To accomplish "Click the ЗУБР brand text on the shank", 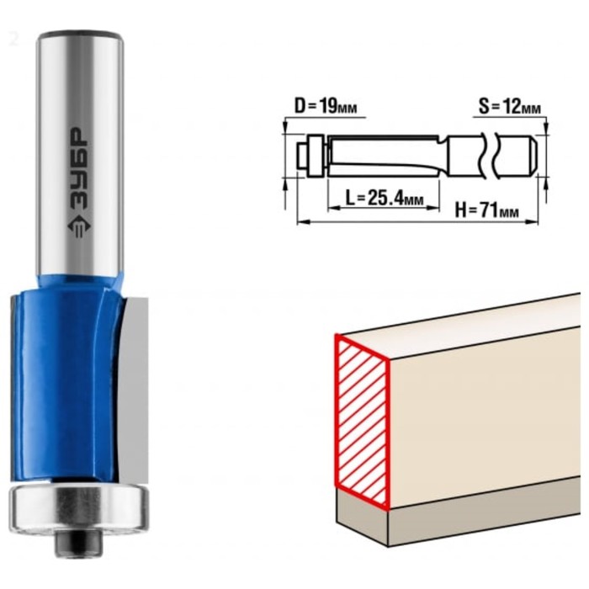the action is pos(78,170).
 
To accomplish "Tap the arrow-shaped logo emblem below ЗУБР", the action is pos(79,226).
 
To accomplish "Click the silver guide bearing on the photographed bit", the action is pos(78,509).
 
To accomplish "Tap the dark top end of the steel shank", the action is pos(80,34).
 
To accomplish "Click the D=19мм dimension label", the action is pos(326,106).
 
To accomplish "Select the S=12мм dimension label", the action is pos(509,107).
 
